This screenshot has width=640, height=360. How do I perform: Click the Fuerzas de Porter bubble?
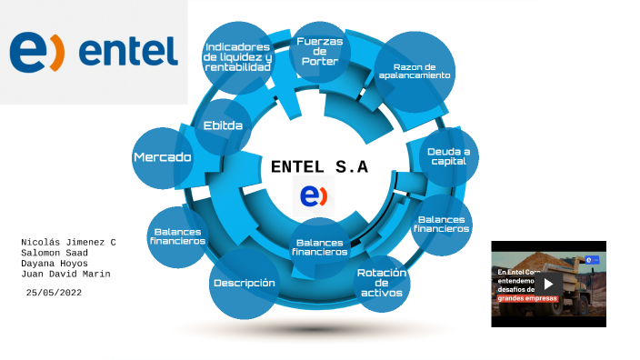[x=319, y=53]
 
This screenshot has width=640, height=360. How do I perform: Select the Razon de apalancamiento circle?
[x=415, y=72]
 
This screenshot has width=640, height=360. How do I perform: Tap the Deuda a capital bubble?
[x=448, y=155]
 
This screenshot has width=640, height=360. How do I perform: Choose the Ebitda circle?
[x=223, y=125]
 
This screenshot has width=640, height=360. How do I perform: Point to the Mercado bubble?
[x=163, y=157]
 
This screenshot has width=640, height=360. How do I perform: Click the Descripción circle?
[x=244, y=283]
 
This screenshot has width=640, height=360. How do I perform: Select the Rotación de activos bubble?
[x=382, y=283]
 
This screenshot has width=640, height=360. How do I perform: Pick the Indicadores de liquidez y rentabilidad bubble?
[x=238, y=57]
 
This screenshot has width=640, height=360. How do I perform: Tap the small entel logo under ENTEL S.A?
[x=314, y=195]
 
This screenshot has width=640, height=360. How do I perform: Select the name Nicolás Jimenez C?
[x=68, y=242]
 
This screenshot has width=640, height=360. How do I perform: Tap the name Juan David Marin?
[x=65, y=275]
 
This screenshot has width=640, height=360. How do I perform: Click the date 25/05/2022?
[x=55, y=292]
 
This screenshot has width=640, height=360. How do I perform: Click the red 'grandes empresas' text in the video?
[x=526, y=299]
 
